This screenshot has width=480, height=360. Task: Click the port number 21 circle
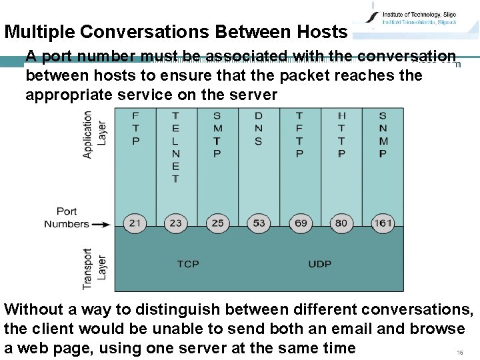coord(135,223)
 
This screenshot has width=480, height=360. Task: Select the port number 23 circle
coord(175,223)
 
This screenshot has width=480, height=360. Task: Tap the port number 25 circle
coord(217,223)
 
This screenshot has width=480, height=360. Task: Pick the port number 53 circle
coord(258,223)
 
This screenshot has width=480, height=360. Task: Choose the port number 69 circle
coord(301,223)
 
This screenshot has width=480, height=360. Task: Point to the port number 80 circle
coord(341,223)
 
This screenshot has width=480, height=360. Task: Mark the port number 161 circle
coord(383,223)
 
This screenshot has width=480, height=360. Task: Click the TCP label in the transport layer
coord(188,264)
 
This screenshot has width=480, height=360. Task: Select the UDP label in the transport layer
coord(320,264)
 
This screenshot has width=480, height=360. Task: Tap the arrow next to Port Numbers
coord(101,225)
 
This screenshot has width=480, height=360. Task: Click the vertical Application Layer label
coord(94,135)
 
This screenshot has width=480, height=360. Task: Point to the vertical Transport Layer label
coord(94,269)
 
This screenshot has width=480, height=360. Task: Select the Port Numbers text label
coord(67,218)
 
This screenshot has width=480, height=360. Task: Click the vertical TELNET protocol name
coord(175,147)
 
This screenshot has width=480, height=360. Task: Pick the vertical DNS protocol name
coord(259,128)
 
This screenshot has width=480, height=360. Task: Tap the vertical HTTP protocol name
coord(341,135)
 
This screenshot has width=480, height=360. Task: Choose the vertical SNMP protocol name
coord(383,135)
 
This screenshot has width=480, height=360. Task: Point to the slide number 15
coord(459,352)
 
